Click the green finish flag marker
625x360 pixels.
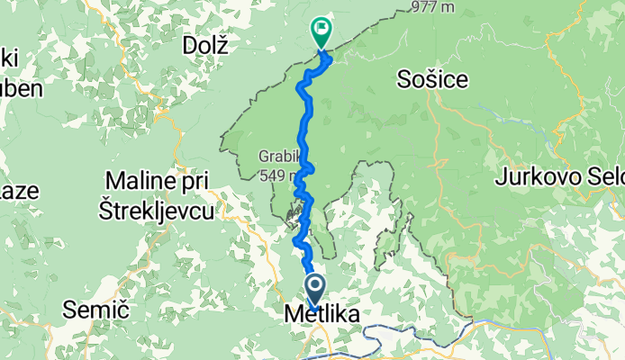321,31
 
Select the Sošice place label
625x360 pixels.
432,80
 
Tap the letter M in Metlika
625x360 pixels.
292,315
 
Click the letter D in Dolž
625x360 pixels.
188,42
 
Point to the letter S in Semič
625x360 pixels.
69,310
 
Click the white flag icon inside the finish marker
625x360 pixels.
321,28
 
